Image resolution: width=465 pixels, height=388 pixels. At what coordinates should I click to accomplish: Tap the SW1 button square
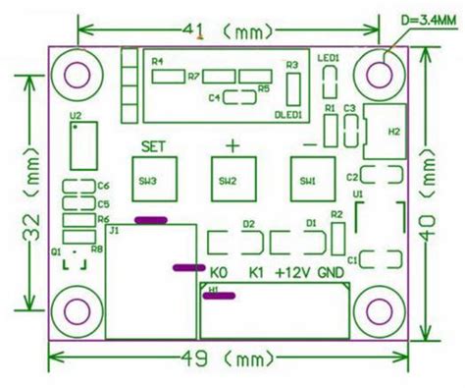point(308,180)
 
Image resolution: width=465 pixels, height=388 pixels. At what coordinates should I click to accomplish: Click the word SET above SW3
point(153,146)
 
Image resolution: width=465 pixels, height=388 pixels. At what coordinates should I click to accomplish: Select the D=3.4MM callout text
point(426,17)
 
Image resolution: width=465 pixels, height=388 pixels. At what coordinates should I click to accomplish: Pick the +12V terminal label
point(294,271)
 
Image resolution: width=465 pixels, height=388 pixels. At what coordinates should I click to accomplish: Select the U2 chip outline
point(83,146)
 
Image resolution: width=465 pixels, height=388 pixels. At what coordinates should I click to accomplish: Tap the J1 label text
point(114,230)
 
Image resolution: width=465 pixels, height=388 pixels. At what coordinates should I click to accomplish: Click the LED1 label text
point(328,59)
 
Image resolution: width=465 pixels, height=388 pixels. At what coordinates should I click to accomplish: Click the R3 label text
point(291,65)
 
